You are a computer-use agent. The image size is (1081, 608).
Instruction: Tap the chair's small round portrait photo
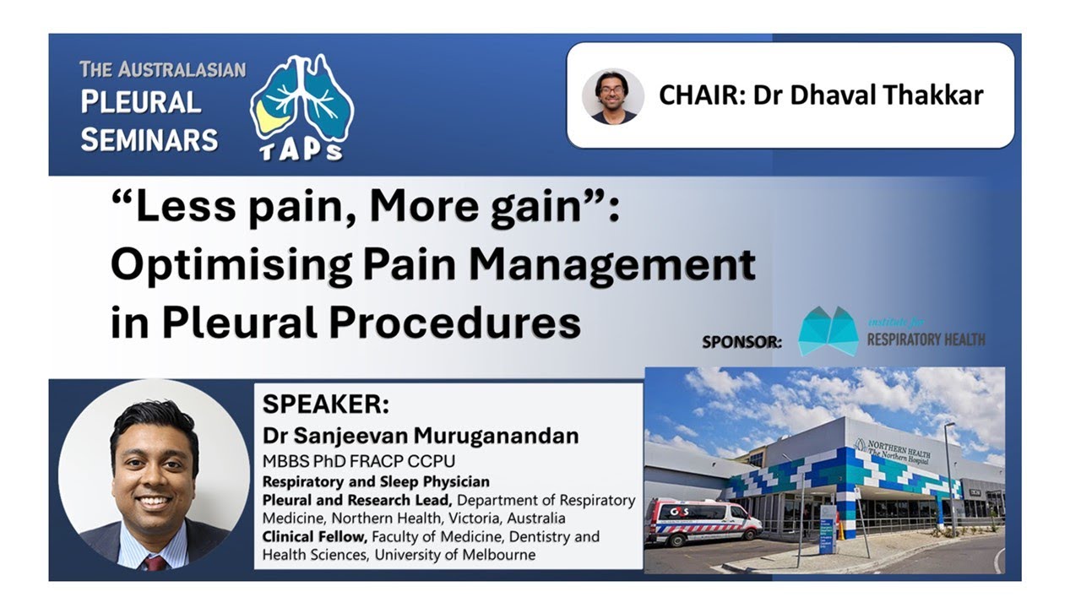coord(613,96)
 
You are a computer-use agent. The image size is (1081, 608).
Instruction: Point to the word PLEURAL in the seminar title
coord(140,103)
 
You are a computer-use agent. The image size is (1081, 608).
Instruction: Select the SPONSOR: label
coord(741,342)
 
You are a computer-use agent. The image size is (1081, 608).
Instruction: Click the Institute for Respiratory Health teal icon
coord(828,331)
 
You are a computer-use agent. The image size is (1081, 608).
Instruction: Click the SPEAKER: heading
coord(325,404)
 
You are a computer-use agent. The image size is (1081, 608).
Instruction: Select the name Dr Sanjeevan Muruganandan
coord(421,436)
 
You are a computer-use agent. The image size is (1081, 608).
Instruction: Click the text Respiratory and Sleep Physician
coord(376,481)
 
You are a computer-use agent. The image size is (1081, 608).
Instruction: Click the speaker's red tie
coord(155,562)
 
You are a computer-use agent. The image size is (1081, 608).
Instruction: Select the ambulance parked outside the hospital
coord(702,522)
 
